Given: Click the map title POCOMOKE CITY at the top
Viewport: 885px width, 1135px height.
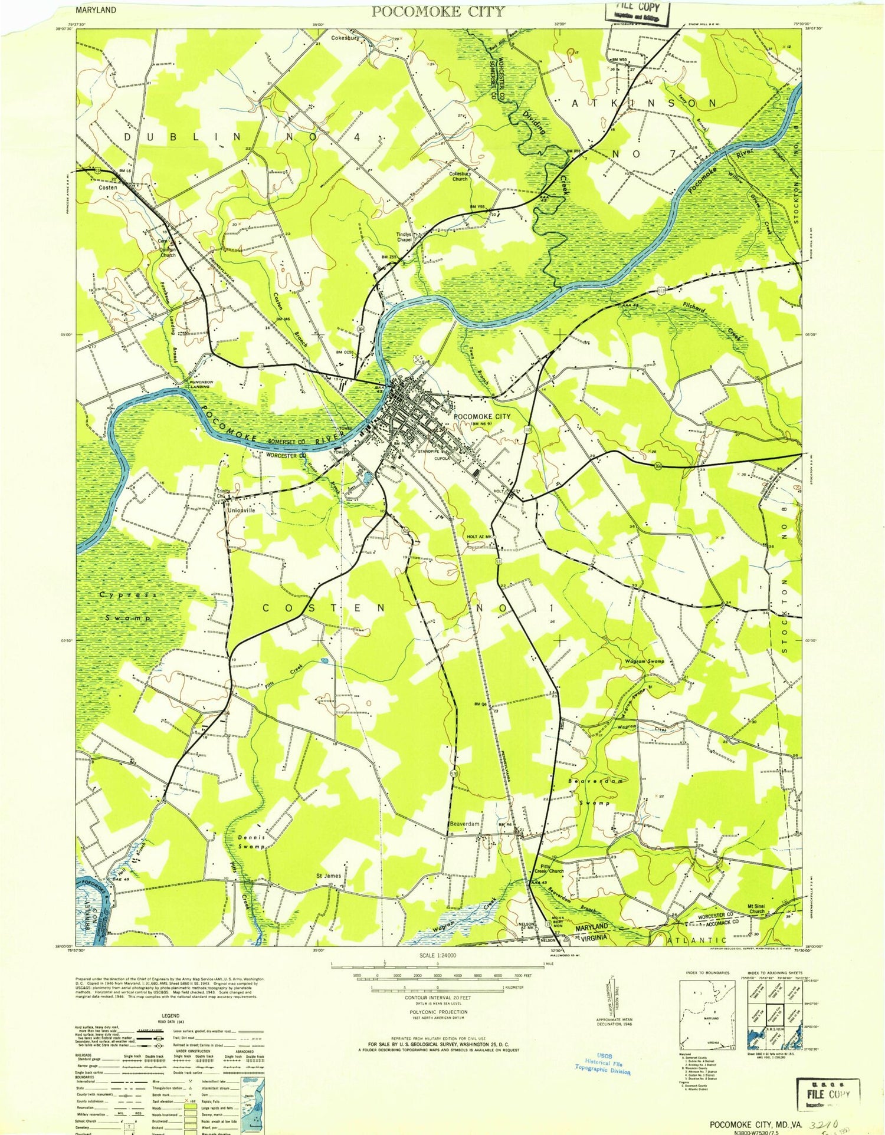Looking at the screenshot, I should point(438,11).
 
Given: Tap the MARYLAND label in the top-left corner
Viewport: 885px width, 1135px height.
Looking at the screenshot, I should point(96,10).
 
